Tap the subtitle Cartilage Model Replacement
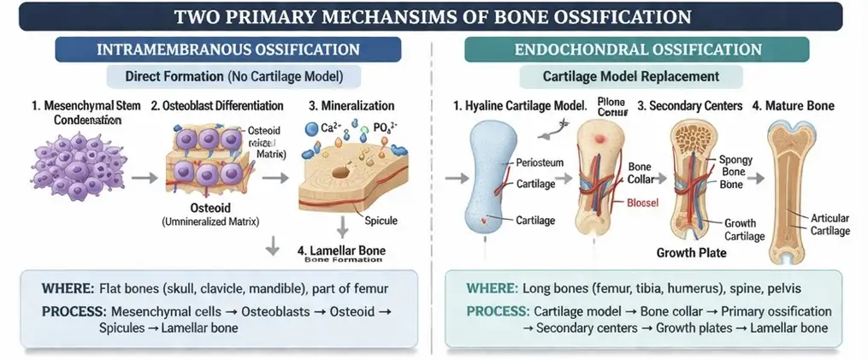[x=630, y=76]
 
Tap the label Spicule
[x=380, y=221]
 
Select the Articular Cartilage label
[x=829, y=225]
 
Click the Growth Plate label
[x=691, y=254]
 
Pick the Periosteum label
[x=540, y=162]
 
